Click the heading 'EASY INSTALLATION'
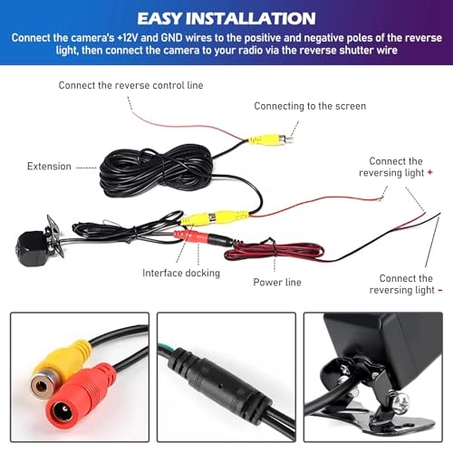click(x=226, y=18)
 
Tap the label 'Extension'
click(x=49, y=167)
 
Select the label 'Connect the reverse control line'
click(x=131, y=86)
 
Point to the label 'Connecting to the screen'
click(x=310, y=106)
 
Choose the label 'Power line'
click(x=276, y=282)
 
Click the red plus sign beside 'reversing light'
click(x=429, y=172)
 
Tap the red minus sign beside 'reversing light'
click(x=440, y=291)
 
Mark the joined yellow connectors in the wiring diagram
click(x=215, y=217)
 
